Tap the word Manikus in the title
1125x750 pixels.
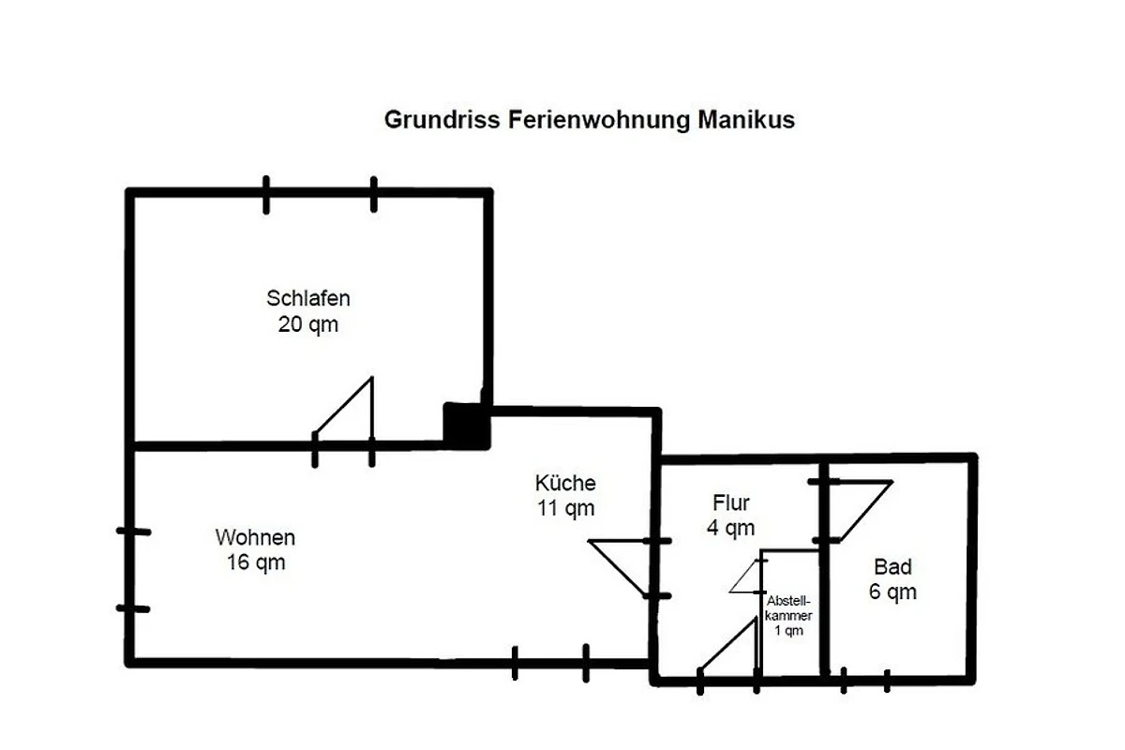pyautogui.click(x=746, y=120)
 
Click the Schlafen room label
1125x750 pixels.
pyautogui.click(x=308, y=299)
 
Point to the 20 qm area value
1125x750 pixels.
pyautogui.click(x=307, y=325)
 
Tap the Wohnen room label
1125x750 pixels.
pyautogui.click(x=255, y=538)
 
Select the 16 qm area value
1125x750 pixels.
pyautogui.click(x=255, y=562)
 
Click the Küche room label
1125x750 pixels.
pyautogui.click(x=565, y=484)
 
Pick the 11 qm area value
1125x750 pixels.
pyautogui.click(x=565, y=509)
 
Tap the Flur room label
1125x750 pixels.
pyautogui.click(x=730, y=503)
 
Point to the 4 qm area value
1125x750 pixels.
pyautogui.click(x=730, y=529)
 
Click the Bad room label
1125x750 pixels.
pyautogui.click(x=892, y=567)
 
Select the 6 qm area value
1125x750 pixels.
pyautogui.click(x=892, y=592)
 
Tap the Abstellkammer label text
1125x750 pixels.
pyautogui.click(x=788, y=607)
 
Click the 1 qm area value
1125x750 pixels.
pyautogui.click(x=788, y=631)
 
